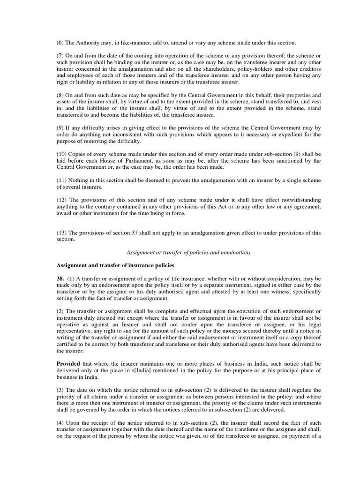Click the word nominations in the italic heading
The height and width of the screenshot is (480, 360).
pyautogui.click(x=233, y=252)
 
